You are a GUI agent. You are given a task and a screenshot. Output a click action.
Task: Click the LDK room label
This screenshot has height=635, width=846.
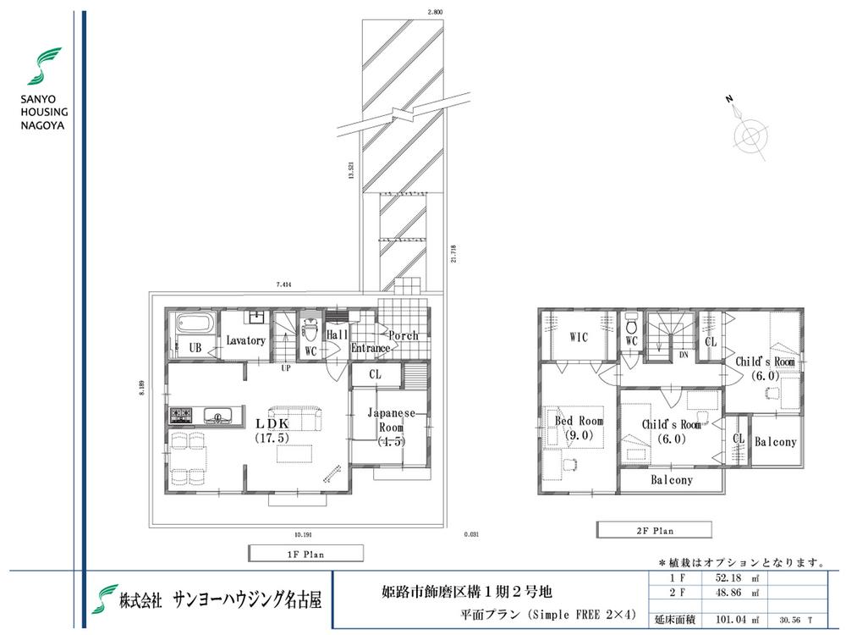[272, 423]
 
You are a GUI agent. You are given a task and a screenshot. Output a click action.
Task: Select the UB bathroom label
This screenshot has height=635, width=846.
[195, 347]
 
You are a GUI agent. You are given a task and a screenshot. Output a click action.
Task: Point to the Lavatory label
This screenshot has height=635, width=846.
[246, 340]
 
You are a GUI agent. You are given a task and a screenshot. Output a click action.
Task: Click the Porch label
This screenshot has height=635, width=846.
[404, 335]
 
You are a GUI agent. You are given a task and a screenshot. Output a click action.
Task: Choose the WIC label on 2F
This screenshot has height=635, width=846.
[579, 337]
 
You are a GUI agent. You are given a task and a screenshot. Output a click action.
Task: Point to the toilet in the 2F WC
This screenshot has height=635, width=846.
[631, 325]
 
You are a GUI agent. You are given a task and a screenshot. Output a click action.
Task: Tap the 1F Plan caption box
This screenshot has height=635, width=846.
[305, 554]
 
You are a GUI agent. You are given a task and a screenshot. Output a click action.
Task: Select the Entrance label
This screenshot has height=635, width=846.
[371, 348]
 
